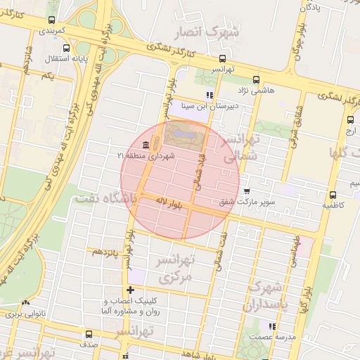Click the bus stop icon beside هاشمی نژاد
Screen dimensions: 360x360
pos(255,80)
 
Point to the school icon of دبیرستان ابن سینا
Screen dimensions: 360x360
pos(209,95)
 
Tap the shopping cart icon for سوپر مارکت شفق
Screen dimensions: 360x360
pos(246,191)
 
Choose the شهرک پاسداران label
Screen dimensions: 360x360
pos(264,297)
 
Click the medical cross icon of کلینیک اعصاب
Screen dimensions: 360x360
pos(130,290)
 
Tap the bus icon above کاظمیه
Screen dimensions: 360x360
pos(333,195)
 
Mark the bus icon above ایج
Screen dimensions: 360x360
pos(351,120)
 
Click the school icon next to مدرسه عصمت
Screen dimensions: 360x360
pos(271,326)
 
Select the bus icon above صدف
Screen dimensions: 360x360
pos(89,333)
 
